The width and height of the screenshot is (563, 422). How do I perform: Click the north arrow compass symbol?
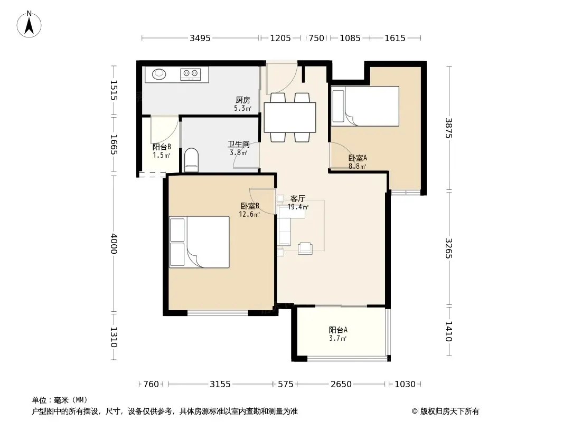[29, 24]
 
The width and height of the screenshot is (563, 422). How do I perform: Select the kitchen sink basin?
[159, 74]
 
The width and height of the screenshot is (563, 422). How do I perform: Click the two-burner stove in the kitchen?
[190, 74]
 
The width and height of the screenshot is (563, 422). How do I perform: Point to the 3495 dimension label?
[200, 38]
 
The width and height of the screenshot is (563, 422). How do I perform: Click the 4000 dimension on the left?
[114, 244]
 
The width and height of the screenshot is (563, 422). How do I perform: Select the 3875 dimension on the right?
[449, 128]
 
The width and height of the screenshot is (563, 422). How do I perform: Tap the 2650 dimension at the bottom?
[341, 384]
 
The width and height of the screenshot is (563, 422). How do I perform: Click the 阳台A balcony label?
[338, 330]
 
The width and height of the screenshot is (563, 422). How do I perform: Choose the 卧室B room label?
[250, 206]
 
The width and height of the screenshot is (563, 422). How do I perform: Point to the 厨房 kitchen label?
[243, 100]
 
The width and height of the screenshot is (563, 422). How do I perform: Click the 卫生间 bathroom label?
[239, 144]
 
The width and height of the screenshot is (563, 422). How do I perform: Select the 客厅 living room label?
[298, 199]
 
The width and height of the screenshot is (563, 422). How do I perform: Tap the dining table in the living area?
[290, 118]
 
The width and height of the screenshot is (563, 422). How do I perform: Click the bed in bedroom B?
[199, 242]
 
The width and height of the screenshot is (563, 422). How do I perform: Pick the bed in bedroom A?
[365, 106]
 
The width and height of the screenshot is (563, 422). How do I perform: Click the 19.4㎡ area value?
[298, 207]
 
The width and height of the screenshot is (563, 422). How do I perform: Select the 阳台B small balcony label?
[162, 147]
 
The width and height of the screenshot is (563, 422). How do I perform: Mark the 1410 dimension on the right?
[449, 331]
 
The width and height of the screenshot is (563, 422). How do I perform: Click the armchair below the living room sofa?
[305, 248]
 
